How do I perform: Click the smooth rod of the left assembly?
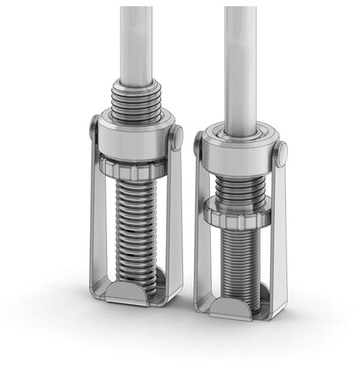tap(137, 39)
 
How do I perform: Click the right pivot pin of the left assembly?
tap(178, 136)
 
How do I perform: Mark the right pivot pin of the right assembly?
tap(281, 152)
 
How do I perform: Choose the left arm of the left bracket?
tap(95, 219)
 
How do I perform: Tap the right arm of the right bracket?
tap(279, 243)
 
